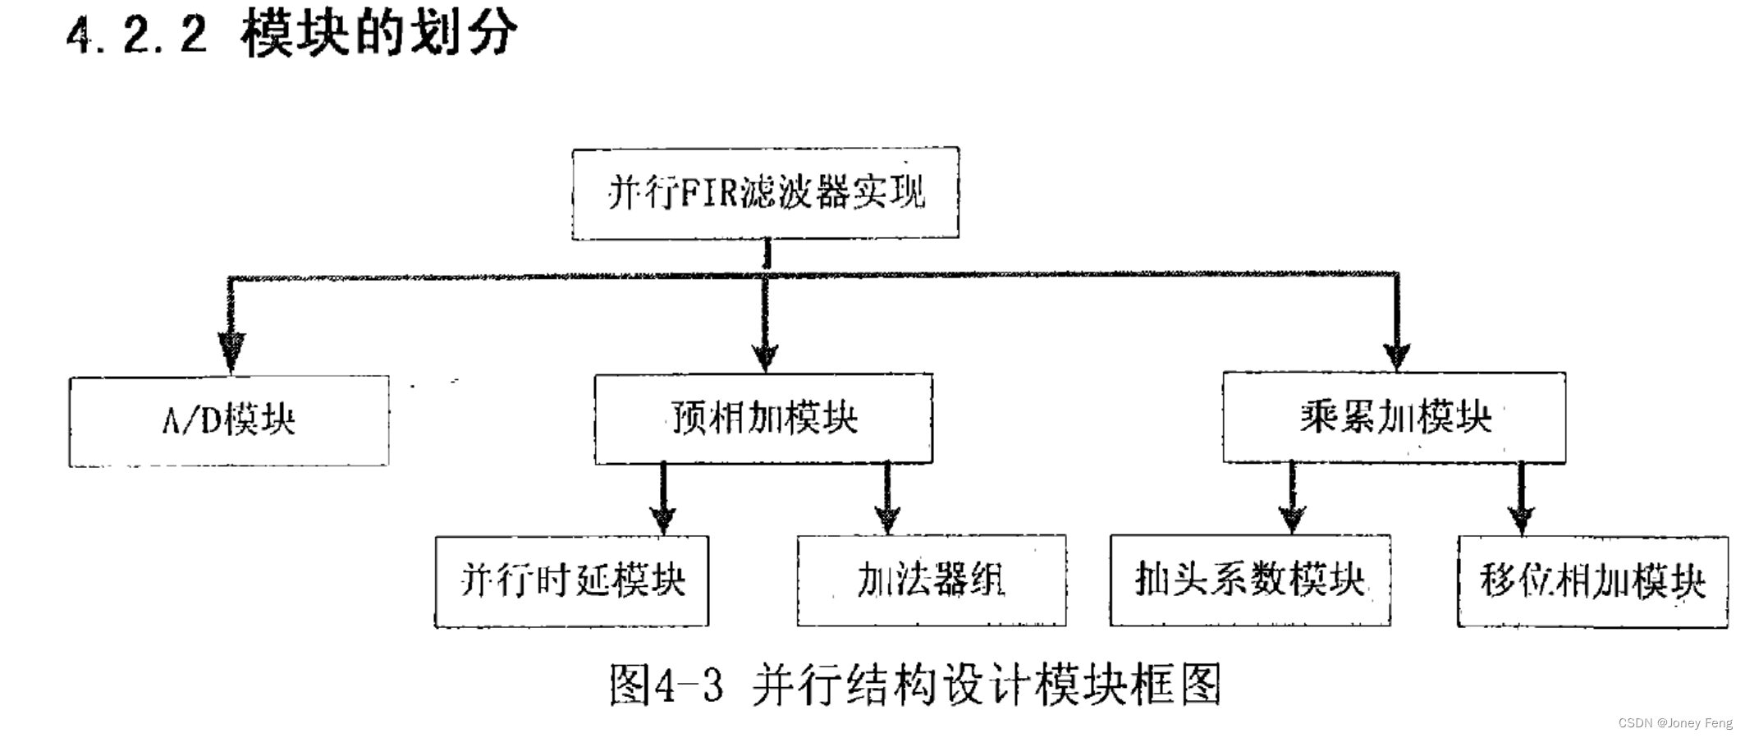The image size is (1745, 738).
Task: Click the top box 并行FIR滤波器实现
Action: (x=765, y=194)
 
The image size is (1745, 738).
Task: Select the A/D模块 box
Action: (x=228, y=421)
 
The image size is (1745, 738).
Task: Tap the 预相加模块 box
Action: (x=763, y=419)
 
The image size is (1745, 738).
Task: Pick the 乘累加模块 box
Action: (x=1394, y=418)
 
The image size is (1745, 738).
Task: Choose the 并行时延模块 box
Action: (x=571, y=581)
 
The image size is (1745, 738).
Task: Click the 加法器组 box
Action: (x=931, y=580)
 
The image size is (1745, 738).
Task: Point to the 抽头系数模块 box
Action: (x=1249, y=580)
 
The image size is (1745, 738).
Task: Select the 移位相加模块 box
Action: (x=1592, y=581)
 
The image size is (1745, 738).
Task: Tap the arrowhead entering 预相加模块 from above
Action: (x=765, y=355)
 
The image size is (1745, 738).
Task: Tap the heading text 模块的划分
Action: (x=379, y=35)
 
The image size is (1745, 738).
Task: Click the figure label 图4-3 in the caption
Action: (x=666, y=685)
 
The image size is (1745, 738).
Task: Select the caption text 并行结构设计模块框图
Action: (x=987, y=685)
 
